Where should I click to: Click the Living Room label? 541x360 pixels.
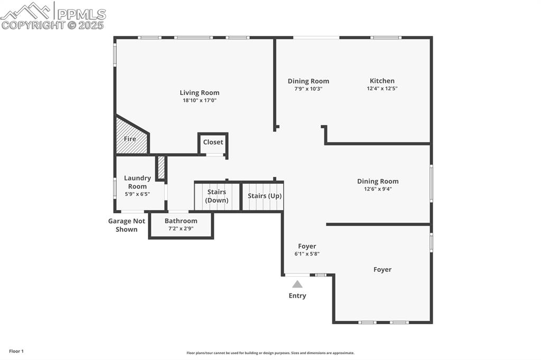(x=199, y=93)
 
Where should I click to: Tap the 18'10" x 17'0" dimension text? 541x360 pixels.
(x=199, y=100)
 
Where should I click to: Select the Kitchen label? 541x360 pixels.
(x=381, y=81)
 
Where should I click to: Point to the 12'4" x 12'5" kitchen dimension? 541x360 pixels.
(x=381, y=89)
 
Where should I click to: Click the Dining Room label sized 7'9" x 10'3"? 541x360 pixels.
(x=308, y=81)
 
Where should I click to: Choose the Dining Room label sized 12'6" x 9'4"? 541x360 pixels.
(x=377, y=181)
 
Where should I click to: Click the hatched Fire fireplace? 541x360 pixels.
(x=129, y=138)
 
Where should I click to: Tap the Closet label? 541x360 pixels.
(x=213, y=142)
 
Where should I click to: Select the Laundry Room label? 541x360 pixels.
(x=137, y=182)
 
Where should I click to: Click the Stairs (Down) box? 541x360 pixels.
(x=217, y=196)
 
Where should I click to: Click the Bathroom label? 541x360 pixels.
(x=181, y=221)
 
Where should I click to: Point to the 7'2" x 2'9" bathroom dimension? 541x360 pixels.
(x=181, y=229)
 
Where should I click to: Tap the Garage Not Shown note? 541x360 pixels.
(x=127, y=225)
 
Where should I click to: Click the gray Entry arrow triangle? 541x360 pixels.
(x=297, y=284)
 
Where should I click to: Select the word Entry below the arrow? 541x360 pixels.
(x=297, y=296)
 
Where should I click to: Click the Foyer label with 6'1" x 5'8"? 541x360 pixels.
(x=307, y=246)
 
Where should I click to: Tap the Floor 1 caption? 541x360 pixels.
(x=16, y=351)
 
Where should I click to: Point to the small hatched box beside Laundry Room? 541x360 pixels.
(x=161, y=168)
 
